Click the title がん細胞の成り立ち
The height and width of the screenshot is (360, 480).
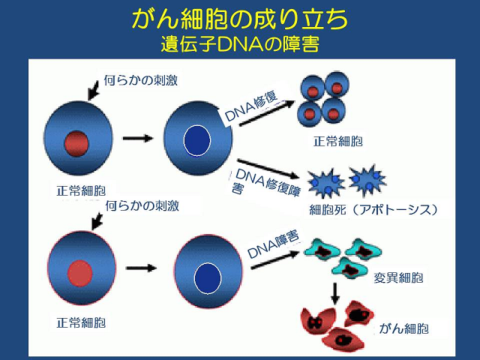[240, 19]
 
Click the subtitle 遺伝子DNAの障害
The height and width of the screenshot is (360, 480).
[240, 43]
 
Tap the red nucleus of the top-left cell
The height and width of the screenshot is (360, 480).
[77, 141]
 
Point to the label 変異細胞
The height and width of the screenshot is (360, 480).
[398, 277]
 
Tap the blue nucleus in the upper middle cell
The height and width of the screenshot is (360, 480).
[196, 140]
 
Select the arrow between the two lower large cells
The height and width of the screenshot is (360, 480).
[140, 267]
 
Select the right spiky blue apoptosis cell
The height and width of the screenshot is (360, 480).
[368, 180]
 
